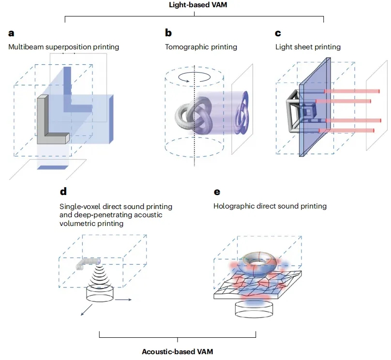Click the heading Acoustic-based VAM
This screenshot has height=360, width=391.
(177, 351)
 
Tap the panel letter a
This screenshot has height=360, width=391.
(11, 34)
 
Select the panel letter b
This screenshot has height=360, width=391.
(168, 33)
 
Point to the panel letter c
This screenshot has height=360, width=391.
(278, 34)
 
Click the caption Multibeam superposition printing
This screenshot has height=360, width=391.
(63, 47)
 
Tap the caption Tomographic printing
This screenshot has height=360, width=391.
(201, 47)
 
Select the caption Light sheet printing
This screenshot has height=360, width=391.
(308, 47)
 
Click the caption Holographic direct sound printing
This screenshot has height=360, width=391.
(270, 206)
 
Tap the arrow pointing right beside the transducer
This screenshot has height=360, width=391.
(125, 300)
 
